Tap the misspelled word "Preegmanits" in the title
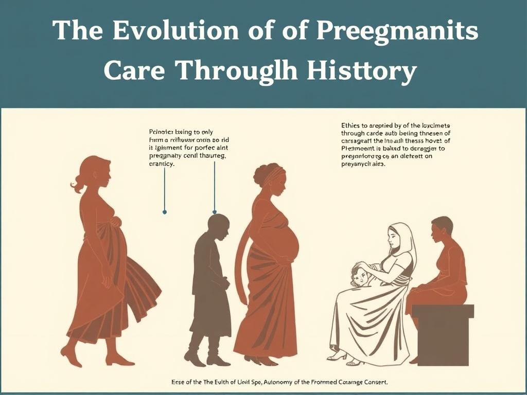(x=397, y=32)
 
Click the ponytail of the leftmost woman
(x=78, y=183)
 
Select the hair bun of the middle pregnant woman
(x=260, y=172)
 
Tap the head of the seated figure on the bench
(x=442, y=229)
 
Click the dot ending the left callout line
(x=164, y=211)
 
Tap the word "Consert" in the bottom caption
(x=374, y=382)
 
